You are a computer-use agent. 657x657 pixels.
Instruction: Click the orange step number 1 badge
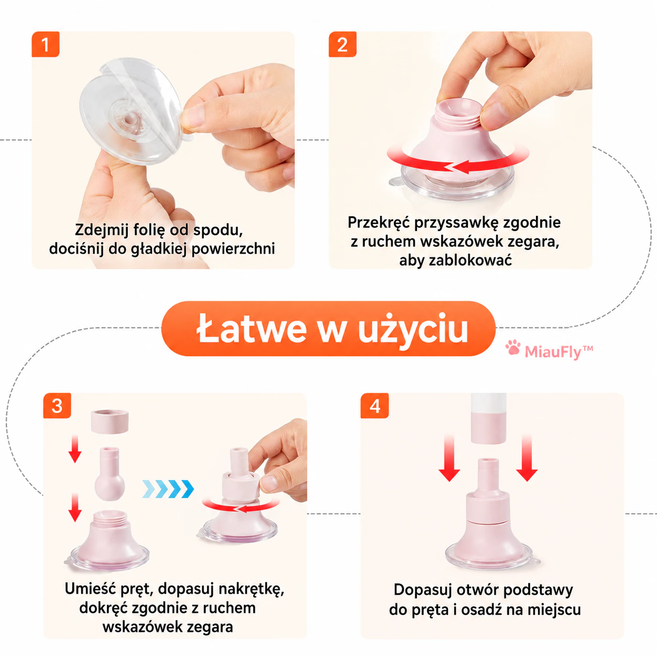(46, 45)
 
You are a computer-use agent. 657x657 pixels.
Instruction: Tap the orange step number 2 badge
(343, 45)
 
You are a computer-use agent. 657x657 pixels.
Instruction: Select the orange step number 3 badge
(57, 406)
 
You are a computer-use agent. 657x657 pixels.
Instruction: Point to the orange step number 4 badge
(375, 406)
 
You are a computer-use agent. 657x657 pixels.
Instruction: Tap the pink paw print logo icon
(513, 347)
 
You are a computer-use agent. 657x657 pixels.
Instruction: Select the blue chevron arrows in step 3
(168, 489)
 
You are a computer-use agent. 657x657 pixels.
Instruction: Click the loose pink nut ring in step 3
(109, 421)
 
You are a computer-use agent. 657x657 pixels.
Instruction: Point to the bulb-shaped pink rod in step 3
(109, 474)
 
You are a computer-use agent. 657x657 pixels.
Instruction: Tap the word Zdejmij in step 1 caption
(102, 231)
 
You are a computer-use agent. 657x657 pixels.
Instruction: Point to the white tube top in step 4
(488, 402)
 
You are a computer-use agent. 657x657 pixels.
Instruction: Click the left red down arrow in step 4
(450, 458)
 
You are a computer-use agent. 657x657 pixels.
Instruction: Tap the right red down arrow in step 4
(527, 458)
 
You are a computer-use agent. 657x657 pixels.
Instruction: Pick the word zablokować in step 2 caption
(470, 260)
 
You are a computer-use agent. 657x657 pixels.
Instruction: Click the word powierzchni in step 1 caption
(233, 249)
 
